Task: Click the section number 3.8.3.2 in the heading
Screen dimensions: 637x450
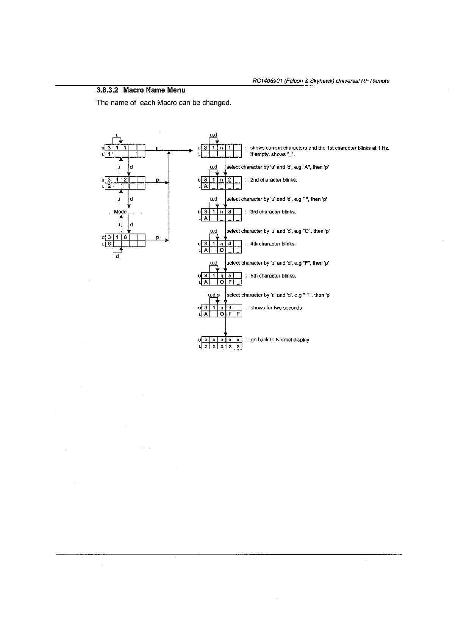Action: [108, 90]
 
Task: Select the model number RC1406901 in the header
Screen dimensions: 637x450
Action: [267, 81]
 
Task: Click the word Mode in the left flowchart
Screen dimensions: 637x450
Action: [120, 212]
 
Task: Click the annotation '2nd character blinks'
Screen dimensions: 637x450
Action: [273, 180]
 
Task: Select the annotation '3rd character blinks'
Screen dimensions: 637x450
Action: [273, 212]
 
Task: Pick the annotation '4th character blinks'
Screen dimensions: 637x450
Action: [273, 244]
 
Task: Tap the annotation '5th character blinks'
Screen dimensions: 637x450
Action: [273, 276]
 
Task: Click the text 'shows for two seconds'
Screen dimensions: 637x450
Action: [276, 308]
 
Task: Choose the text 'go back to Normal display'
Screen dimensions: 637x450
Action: [280, 340]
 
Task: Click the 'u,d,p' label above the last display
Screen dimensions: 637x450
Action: [214, 295]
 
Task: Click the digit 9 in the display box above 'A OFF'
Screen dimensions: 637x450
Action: [230, 308]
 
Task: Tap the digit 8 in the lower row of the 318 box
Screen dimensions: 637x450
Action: [108, 244]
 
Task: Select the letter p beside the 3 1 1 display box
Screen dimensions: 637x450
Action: [157, 147]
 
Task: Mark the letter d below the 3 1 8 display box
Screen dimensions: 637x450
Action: [117, 257]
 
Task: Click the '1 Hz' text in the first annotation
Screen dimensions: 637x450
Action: [383, 148]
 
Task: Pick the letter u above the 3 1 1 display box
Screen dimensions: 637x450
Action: [117, 135]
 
